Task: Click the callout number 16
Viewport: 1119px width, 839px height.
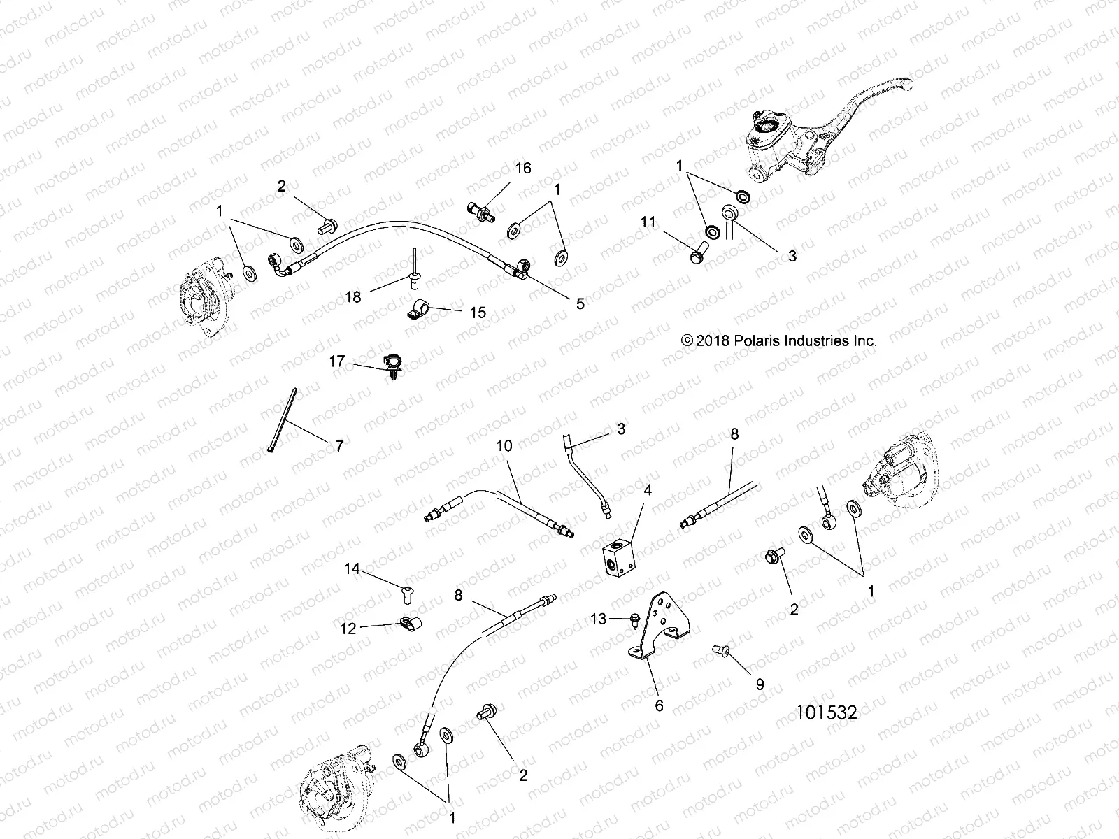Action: point(523,168)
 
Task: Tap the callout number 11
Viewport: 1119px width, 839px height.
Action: point(648,222)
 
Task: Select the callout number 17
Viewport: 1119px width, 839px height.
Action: point(337,361)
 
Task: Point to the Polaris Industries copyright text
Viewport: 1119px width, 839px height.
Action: point(778,341)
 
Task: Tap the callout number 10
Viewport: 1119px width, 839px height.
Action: point(505,445)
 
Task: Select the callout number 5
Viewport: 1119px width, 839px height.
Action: point(580,303)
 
